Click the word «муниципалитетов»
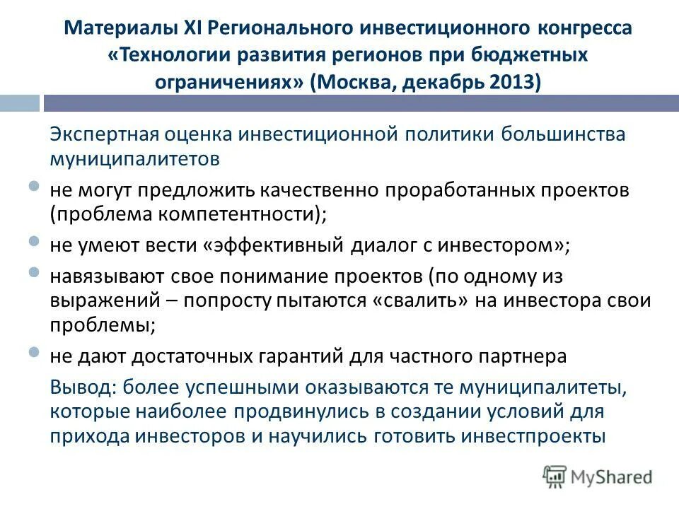click(x=134, y=159)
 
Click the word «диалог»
click(x=382, y=245)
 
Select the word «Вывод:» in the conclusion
click(x=83, y=387)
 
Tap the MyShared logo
click(x=598, y=476)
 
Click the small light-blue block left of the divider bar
click(x=19, y=104)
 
